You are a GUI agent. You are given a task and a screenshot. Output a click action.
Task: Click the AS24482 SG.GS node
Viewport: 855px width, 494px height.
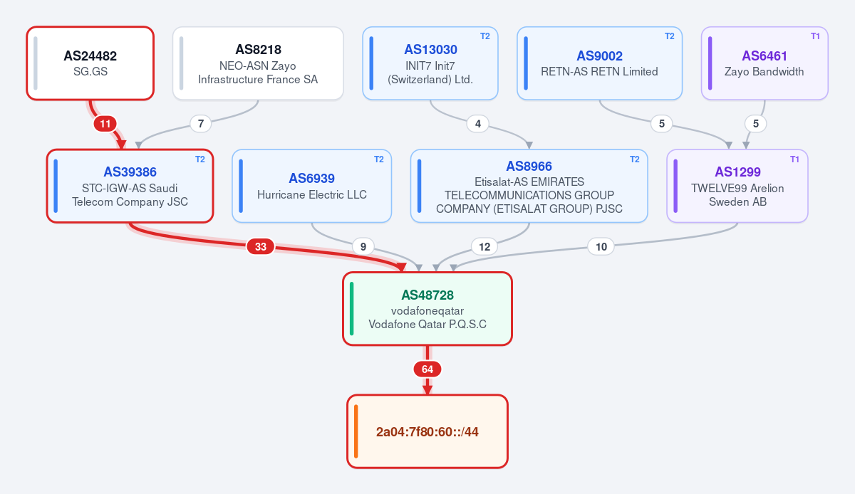tap(90, 63)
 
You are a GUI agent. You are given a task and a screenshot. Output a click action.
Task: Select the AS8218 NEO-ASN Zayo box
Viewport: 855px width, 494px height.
tap(258, 63)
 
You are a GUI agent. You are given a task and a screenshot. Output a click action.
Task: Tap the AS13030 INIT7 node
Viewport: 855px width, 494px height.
tap(430, 63)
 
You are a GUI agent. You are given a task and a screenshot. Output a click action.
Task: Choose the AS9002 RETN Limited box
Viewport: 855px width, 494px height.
tap(600, 63)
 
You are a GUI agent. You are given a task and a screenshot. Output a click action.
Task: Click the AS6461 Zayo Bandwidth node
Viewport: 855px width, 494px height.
tap(765, 63)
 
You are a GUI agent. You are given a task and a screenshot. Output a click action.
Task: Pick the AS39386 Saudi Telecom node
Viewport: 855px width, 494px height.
tap(130, 186)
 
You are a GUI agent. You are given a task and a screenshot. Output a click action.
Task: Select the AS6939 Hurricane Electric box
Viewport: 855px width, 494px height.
tap(312, 186)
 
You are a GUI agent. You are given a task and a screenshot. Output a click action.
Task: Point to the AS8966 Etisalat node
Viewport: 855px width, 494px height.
tap(529, 186)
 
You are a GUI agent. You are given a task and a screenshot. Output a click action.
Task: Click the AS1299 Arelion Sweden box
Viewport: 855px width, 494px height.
tap(737, 186)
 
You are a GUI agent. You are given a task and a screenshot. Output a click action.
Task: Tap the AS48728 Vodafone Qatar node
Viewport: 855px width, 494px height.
tap(427, 309)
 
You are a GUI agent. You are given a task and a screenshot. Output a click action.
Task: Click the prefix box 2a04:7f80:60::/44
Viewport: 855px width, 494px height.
tap(427, 431)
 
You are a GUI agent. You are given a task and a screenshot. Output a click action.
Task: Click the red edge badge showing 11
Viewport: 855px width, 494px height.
tap(105, 124)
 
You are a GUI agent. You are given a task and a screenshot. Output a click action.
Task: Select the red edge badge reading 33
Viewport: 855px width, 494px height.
tap(261, 246)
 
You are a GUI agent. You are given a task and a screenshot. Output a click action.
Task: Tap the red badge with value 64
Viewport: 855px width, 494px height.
tap(427, 369)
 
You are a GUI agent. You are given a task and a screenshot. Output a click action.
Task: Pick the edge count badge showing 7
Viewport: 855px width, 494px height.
tap(201, 124)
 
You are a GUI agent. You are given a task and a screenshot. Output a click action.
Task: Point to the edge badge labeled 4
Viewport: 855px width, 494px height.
tap(478, 124)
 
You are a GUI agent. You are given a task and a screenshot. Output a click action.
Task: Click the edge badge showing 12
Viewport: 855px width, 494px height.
tap(484, 246)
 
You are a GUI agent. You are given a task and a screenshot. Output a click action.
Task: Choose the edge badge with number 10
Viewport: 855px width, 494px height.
tap(601, 246)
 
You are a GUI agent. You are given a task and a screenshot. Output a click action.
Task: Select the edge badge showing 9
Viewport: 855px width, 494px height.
tap(363, 246)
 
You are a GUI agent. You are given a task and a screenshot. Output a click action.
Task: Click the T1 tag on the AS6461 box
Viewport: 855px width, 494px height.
tap(815, 36)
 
